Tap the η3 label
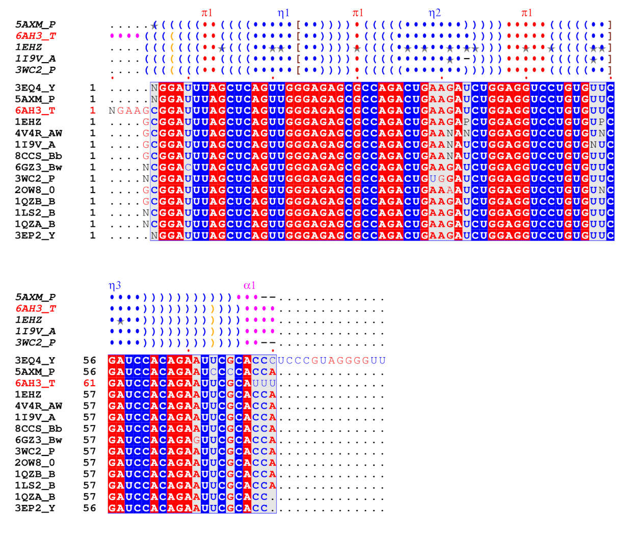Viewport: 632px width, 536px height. [115, 286]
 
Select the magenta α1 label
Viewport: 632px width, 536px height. [249, 286]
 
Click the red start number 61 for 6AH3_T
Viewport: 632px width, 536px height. [89, 383]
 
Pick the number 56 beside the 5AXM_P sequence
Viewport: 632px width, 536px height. [89, 372]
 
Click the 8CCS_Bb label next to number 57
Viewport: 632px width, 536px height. [38, 428]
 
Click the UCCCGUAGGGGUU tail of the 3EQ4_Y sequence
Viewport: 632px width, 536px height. [331, 361]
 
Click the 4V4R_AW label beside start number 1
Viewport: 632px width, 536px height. [38, 133]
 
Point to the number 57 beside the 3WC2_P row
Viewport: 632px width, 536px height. [89, 451]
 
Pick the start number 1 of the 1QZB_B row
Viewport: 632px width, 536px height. [93, 201]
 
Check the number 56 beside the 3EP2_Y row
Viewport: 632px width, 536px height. [89, 508]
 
